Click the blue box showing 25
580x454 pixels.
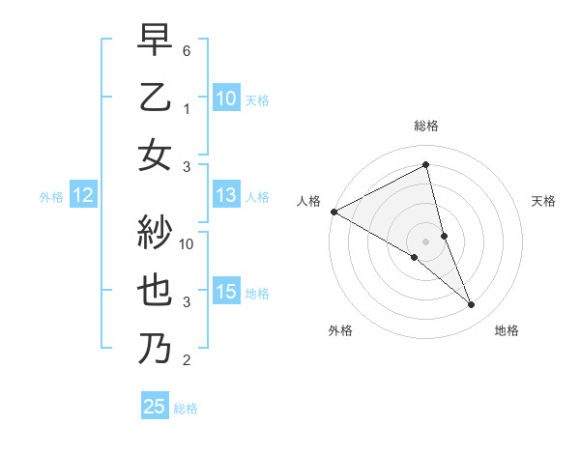tap(155, 407)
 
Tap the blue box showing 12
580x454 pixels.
tap(82, 196)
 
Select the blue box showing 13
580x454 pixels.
tap(226, 196)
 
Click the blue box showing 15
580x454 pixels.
tap(226, 293)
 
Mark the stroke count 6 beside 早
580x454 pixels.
tap(187, 50)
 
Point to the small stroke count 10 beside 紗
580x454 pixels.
tap(188, 244)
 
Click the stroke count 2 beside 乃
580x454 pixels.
tap(187, 361)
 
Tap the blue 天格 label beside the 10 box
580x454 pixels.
tap(257, 99)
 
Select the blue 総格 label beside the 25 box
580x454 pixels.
tap(186, 409)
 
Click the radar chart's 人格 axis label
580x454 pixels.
tap(308, 201)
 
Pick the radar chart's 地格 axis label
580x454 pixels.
tap(507, 330)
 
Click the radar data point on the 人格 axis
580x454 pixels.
tap(333, 211)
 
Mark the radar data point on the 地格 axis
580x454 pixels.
tap(472, 305)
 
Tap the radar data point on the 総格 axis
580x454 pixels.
tap(426, 164)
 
